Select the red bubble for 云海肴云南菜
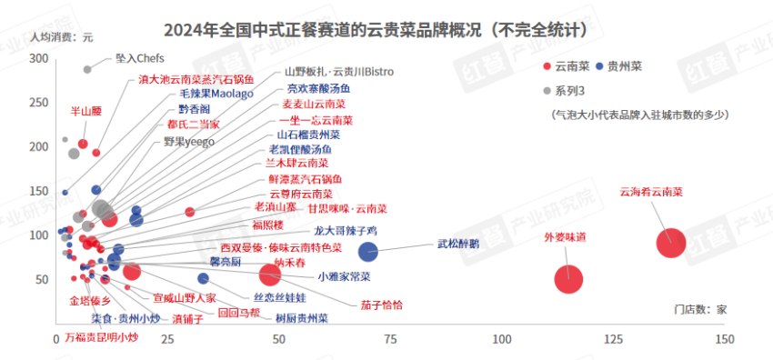672,243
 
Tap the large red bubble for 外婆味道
569,278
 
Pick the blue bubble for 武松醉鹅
368,252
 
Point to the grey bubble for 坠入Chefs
87,69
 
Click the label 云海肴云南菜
651,192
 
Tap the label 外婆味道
565,237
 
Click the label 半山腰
86,111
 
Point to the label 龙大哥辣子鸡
345,231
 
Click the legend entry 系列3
571,90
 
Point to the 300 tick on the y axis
39,58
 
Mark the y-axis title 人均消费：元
61,38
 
